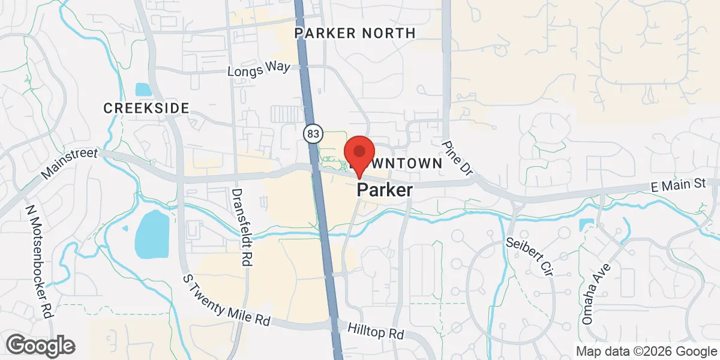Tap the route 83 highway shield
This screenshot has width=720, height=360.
[x=312, y=133]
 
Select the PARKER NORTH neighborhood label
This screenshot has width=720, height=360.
[x=355, y=33]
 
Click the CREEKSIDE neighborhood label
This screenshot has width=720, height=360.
[x=146, y=108]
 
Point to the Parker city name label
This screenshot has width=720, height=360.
[x=385, y=190]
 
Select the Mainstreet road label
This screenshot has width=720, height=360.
[x=70, y=164]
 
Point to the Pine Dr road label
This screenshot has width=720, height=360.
[x=458, y=158]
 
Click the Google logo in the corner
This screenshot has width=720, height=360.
[x=41, y=346]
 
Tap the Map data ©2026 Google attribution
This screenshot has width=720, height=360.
[x=646, y=351]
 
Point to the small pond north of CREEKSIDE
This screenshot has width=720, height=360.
[x=144, y=90]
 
